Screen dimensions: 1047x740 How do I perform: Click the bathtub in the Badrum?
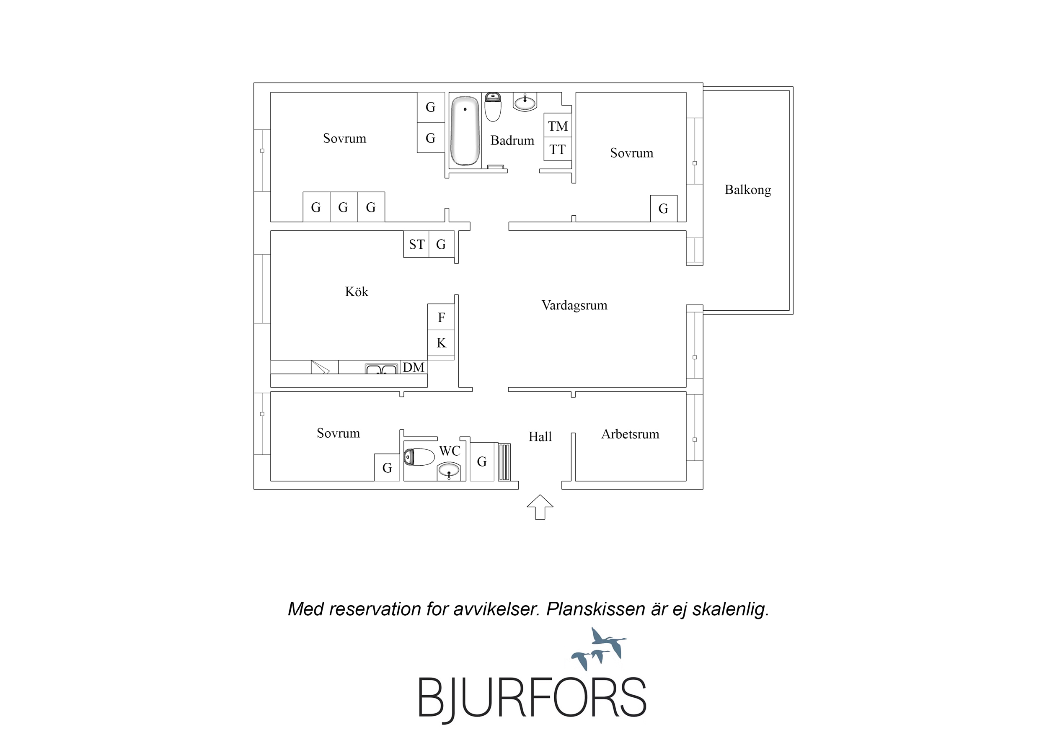click(465, 131)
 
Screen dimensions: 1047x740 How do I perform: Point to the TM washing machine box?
click(558, 125)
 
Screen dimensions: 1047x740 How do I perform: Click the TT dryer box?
click(558, 149)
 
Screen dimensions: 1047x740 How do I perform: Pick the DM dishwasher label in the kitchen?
click(414, 367)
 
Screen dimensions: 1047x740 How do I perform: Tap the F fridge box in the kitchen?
click(441, 317)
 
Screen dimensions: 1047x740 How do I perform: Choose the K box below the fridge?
click(441, 343)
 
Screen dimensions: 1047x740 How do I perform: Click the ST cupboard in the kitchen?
click(416, 245)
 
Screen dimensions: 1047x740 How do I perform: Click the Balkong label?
click(748, 190)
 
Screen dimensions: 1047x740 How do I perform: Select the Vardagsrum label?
click(574, 305)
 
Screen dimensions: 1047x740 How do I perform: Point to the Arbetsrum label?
click(630, 434)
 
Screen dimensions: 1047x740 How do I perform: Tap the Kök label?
click(357, 291)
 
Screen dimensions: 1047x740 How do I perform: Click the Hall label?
click(540, 437)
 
